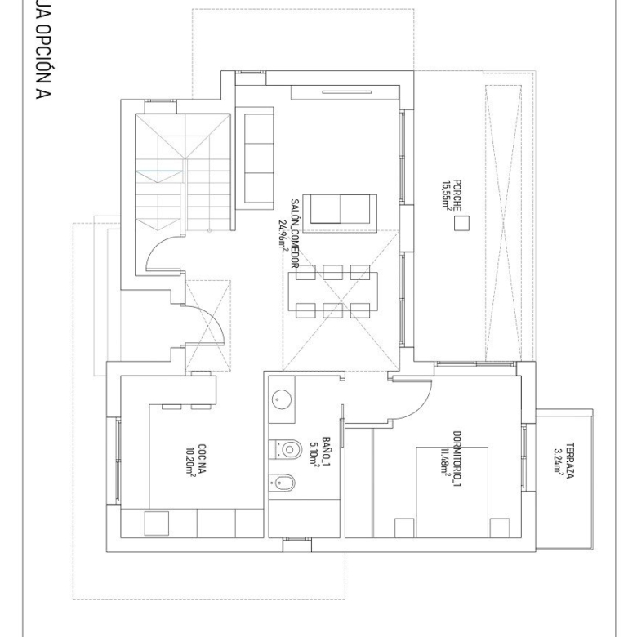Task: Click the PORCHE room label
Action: point(457,195)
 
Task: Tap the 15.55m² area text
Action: point(447,195)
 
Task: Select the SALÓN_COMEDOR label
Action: point(295,234)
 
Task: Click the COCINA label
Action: point(202,459)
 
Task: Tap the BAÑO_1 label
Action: point(326,451)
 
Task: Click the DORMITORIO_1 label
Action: point(457,459)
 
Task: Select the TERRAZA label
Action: point(570,461)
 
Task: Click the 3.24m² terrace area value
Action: point(559,461)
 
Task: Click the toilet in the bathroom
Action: point(286,449)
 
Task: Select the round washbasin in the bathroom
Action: point(280,399)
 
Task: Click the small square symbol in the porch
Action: point(461,224)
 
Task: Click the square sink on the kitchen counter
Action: point(157,523)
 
